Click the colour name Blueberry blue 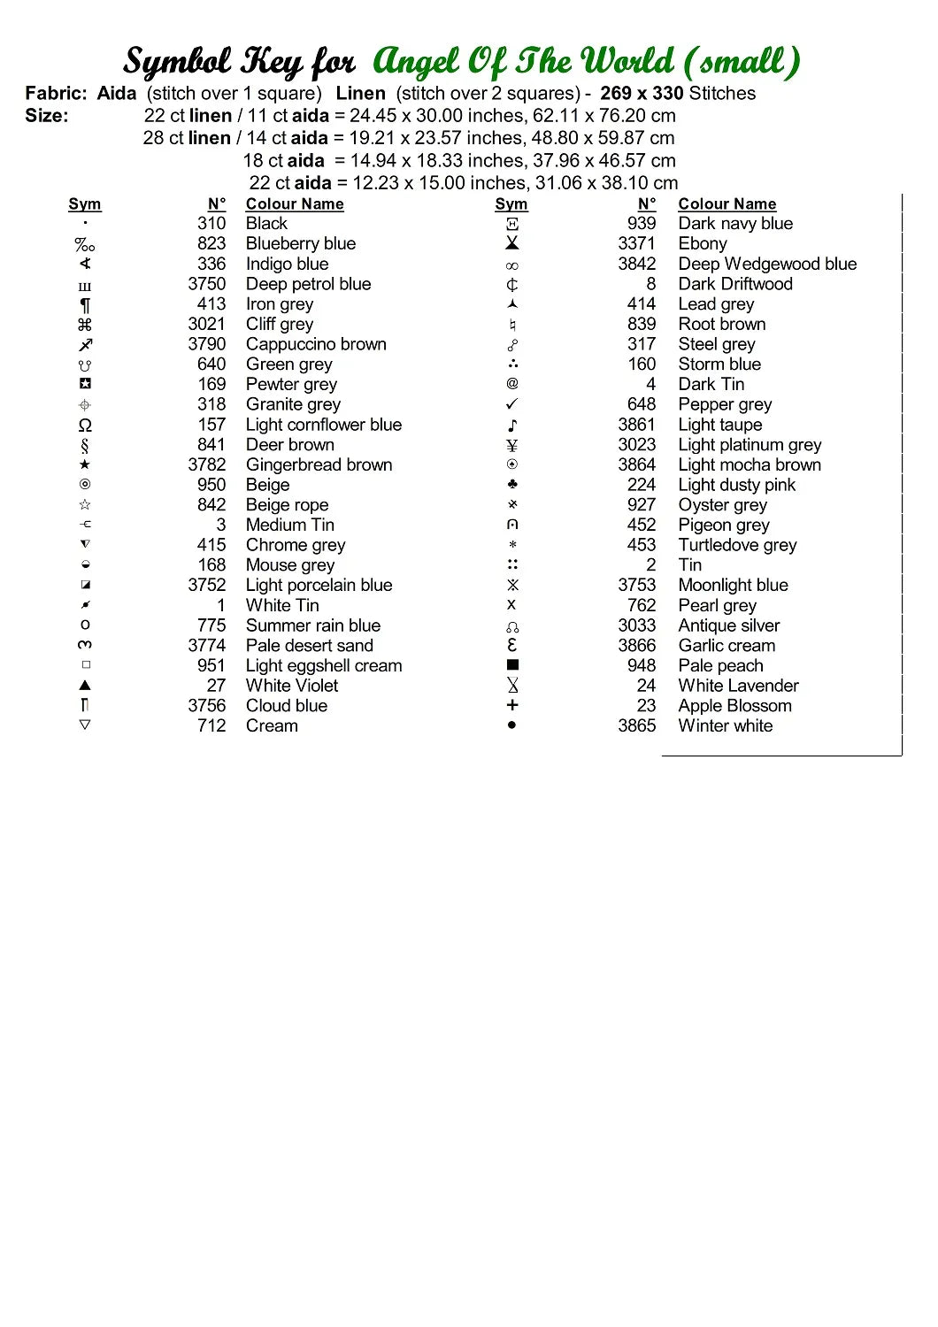pos(300,243)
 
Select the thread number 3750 pos(207,284)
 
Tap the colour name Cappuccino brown pos(316,344)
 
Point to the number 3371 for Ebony pos(637,243)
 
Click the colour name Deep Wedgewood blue pos(767,264)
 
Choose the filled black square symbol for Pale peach pos(512,664)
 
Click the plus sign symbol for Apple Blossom pos(512,705)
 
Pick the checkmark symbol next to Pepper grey pos(512,404)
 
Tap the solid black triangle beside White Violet pos(85,685)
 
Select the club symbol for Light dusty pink pos(512,484)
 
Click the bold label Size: pos(46,115)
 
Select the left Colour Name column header pos(295,203)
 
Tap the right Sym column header pos(511,203)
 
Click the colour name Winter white pos(725,725)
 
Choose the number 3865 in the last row pos(637,725)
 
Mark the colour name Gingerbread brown pos(319,464)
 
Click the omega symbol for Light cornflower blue pos(85,425)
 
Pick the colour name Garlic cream pos(727,645)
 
